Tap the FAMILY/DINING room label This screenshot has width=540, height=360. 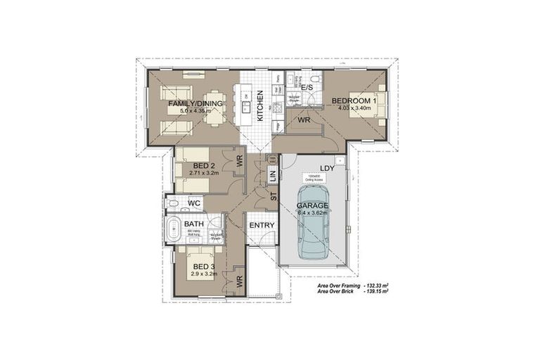195,103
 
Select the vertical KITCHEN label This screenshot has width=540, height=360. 260,106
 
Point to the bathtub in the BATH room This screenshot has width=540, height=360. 174,228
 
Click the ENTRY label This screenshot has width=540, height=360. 262,224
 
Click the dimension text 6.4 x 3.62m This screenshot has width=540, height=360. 314,212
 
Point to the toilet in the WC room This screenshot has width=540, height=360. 172,205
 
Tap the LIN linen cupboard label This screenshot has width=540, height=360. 273,176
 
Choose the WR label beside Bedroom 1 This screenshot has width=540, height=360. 304,121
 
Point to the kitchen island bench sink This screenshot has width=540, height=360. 247,107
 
